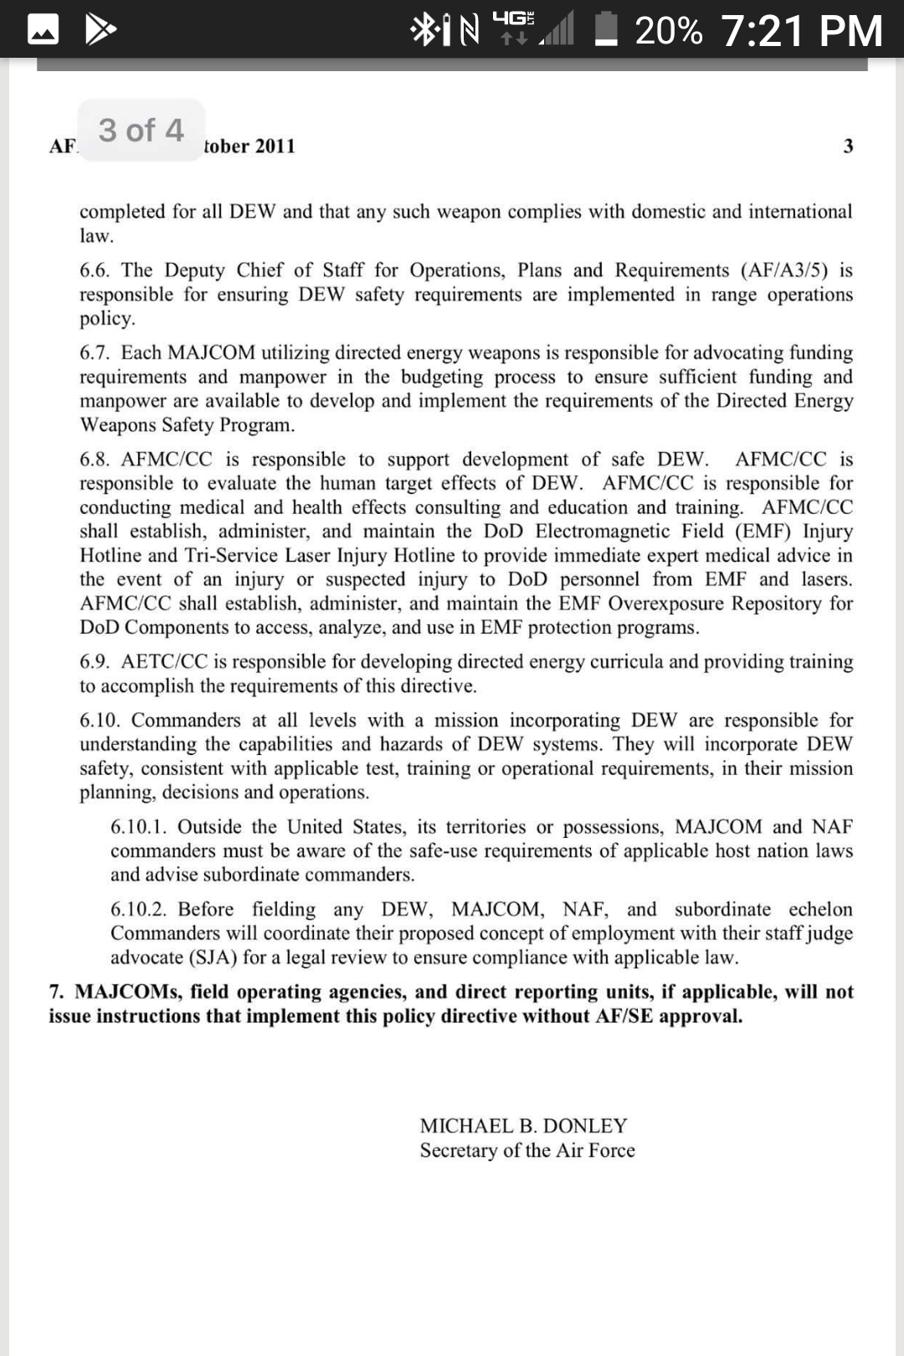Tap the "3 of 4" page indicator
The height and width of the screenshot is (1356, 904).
(x=141, y=131)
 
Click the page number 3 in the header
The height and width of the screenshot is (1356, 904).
(x=848, y=146)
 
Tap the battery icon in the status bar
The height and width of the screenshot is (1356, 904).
(x=606, y=30)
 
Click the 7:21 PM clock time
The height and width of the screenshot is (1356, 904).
(x=801, y=31)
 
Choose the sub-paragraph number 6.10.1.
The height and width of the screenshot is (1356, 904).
(x=138, y=827)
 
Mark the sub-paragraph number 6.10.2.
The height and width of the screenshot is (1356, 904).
(x=138, y=910)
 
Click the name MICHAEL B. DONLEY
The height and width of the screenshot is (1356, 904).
(x=523, y=1126)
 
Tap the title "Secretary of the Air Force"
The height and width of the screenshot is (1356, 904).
(x=527, y=1151)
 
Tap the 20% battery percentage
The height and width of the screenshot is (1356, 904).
(x=668, y=31)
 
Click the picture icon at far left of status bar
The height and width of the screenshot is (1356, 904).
(x=43, y=30)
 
